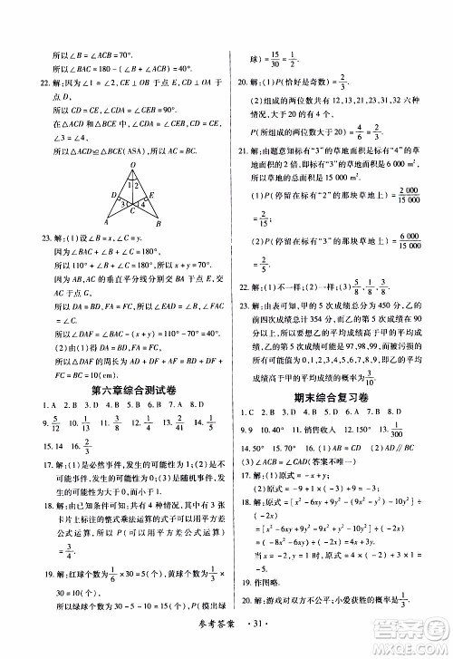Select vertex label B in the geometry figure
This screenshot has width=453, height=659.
[x=159, y=223]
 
